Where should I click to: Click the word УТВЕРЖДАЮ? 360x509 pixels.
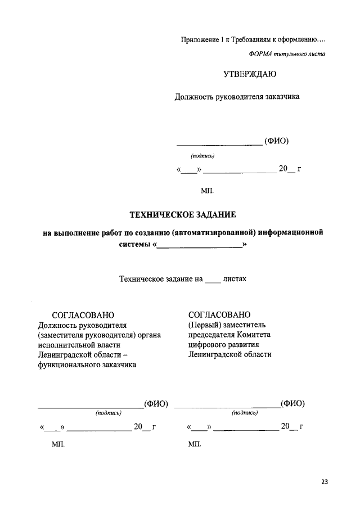pos(250,74)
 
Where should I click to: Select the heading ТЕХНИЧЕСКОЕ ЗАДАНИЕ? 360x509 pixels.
pos(183,214)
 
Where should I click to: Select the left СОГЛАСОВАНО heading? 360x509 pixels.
pos(83,315)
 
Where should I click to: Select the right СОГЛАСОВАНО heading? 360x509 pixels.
pos(219,314)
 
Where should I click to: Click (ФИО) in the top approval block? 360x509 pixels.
pos(276,141)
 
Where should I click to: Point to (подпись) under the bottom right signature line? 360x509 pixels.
pos(245,413)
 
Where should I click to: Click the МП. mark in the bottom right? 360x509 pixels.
pos(195,444)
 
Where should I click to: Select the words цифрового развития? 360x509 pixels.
pos(224,345)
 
